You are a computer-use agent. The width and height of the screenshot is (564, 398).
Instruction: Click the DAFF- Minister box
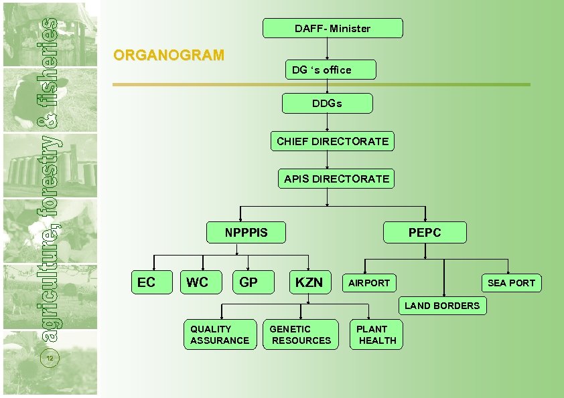coord(332,28)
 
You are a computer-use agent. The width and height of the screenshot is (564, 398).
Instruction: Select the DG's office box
coord(330,70)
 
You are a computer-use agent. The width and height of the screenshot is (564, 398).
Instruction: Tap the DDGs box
coord(327,104)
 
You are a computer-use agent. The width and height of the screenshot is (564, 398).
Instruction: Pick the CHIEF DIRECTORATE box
coord(332,141)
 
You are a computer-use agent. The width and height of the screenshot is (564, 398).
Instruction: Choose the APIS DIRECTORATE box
coord(336,179)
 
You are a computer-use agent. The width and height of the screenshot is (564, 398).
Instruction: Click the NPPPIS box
coord(246,232)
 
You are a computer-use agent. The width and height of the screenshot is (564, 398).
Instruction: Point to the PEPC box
coord(425,232)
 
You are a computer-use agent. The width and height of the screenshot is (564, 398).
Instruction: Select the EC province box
coord(146,282)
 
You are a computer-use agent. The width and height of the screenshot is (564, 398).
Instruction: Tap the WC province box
coord(198,282)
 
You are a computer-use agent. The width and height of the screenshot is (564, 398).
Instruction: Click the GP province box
coord(249,282)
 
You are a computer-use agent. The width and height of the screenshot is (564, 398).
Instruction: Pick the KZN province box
coord(309,282)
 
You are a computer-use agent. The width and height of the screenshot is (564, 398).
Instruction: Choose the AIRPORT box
coord(368,283)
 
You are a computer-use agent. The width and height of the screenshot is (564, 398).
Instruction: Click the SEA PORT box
coord(511,283)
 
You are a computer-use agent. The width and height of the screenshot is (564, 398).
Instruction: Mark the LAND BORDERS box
coord(442,306)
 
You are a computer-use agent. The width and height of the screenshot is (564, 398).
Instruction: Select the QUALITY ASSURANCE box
coord(220,334)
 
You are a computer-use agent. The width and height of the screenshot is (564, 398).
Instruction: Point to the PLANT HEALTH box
coord(376,334)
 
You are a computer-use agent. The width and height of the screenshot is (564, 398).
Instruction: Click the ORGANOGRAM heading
coord(169,56)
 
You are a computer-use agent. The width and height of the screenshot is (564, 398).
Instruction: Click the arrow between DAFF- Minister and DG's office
coord(326,49)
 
